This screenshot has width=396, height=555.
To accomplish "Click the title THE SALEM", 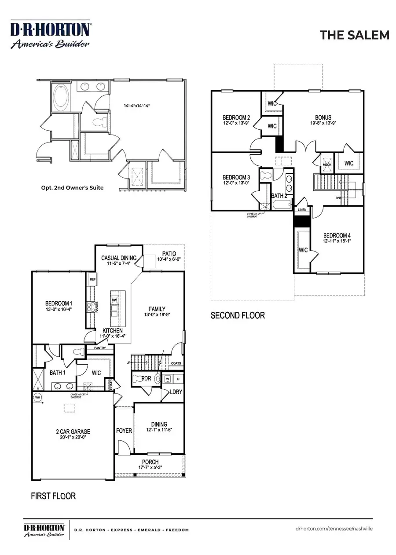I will (354, 35).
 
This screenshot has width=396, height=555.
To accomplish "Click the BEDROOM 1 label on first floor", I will (58, 303).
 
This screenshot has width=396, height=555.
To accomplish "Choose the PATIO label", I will (169, 254).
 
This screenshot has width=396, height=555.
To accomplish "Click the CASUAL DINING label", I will (119, 258).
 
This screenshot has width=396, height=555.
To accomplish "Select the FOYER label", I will (124, 431).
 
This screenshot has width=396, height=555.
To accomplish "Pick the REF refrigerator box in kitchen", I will (92, 279).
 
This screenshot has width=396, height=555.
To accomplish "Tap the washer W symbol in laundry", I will (168, 378).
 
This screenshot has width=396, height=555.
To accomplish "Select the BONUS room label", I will (323, 117).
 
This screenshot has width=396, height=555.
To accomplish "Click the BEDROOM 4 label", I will (337, 235).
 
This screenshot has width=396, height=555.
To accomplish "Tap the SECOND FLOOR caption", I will (238, 315).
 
